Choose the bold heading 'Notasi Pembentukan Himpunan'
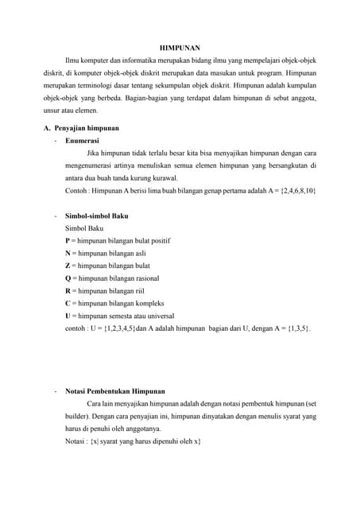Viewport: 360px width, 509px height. (x=115, y=391)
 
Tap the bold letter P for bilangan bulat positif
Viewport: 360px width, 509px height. (x=68, y=241)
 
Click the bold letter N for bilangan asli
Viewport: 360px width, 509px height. (x=68, y=253)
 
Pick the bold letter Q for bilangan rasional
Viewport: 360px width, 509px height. (x=68, y=278)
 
